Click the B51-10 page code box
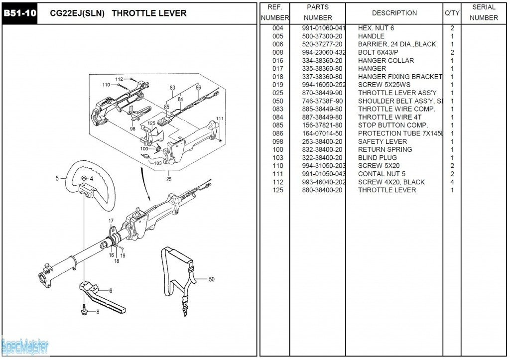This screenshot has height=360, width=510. coord(20,13)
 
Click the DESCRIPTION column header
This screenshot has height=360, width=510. coord(394,13)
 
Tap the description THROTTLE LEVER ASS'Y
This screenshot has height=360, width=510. coord(397,93)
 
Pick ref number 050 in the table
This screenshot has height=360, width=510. coord(277,101)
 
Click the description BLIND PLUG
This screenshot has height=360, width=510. coord(377,158)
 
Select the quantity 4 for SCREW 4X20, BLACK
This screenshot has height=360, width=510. coord(452,182)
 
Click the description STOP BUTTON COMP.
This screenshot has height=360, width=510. coord(392,125)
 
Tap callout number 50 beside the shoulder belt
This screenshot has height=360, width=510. coord(211,279)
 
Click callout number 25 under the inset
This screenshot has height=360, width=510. coord(169,179)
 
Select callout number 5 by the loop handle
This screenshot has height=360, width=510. coord(57,178)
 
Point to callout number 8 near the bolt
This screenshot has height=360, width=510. coord(98,312)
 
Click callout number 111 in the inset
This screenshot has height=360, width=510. coord(220,119)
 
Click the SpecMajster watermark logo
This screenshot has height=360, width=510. coord(24,345)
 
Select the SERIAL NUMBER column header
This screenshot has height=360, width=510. coord(484,13)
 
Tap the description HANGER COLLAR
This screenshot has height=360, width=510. coord(385,61)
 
